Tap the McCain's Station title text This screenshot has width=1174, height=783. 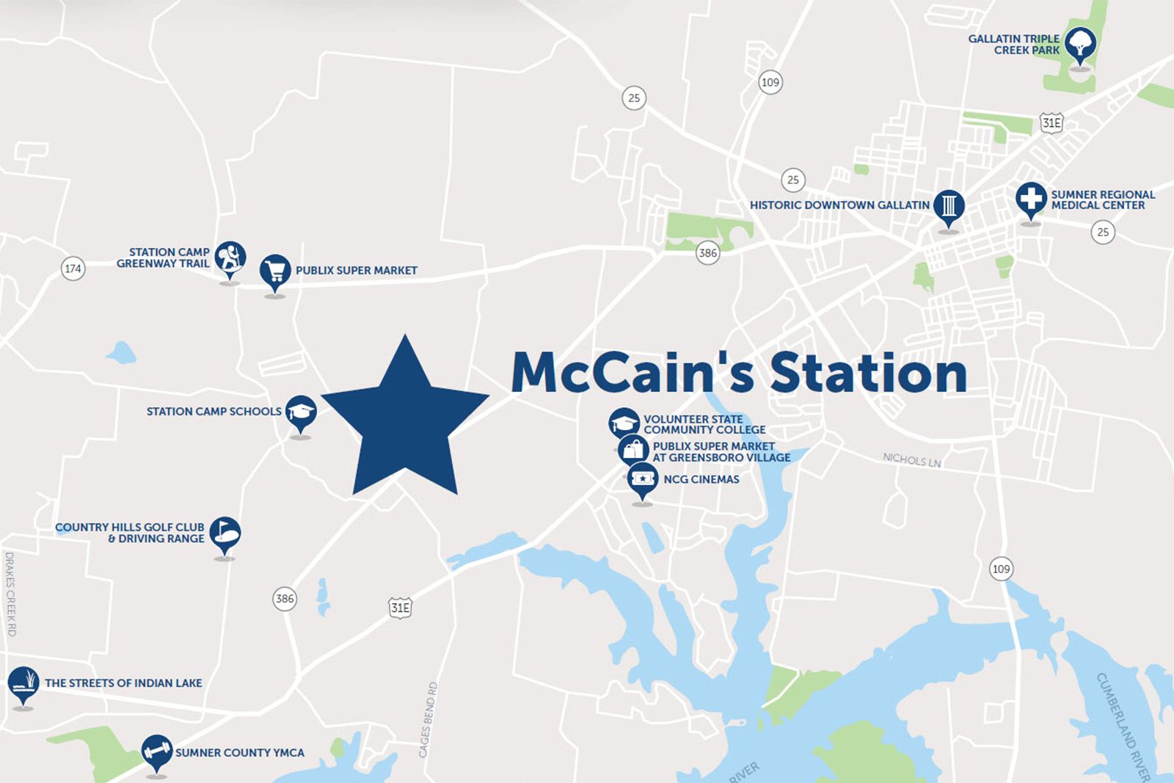[739, 373]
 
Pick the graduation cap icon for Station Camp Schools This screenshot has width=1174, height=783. [300, 412]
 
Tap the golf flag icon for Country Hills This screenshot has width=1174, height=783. [225, 533]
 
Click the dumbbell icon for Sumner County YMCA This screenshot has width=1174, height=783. [156, 751]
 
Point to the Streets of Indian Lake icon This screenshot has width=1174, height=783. [23, 683]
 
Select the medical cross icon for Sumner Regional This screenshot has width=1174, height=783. [1031, 198]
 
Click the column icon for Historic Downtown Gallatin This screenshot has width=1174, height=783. [949, 206]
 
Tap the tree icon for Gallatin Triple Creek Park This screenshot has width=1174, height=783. [1080, 44]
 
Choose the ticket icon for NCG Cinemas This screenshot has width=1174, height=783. [643, 479]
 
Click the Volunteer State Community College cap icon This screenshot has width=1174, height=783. [624, 423]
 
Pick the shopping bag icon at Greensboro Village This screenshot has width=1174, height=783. [632, 450]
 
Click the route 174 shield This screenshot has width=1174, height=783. [73, 269]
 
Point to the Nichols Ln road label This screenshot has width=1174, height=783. [911, 460]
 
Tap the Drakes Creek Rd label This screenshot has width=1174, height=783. [10, 594]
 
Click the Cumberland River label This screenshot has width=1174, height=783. [1123, 726]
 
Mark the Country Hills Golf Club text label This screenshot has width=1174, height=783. [130, 533]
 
